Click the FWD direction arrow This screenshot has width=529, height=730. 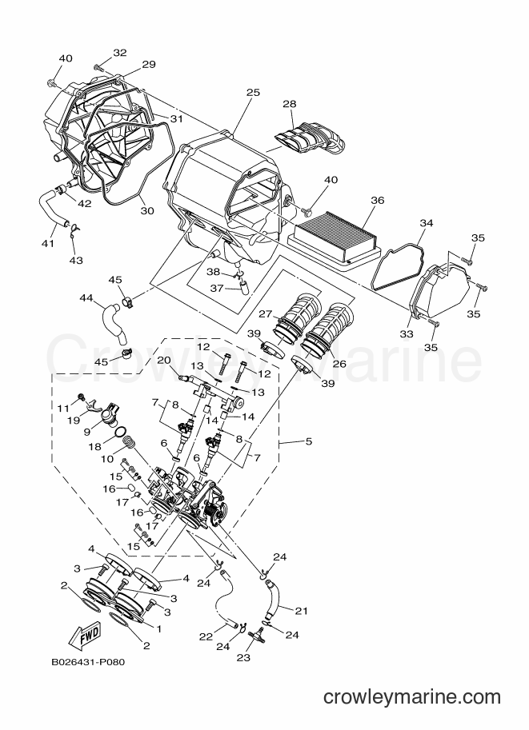coord(85,635)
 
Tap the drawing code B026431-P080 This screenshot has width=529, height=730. coord(89,661)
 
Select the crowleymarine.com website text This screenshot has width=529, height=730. coord(412,697)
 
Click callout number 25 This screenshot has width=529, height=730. coord(253,93)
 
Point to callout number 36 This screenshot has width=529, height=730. coord(378,200)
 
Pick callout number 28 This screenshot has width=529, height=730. coord(290,104)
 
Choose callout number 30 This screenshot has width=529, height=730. coord(146,211)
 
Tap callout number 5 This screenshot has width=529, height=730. coord(309,441)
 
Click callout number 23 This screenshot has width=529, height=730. coord(243,657)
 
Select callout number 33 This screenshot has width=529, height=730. coord(407,333)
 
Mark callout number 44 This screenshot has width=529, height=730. coord(86,297)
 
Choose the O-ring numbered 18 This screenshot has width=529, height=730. coord(119,432)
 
